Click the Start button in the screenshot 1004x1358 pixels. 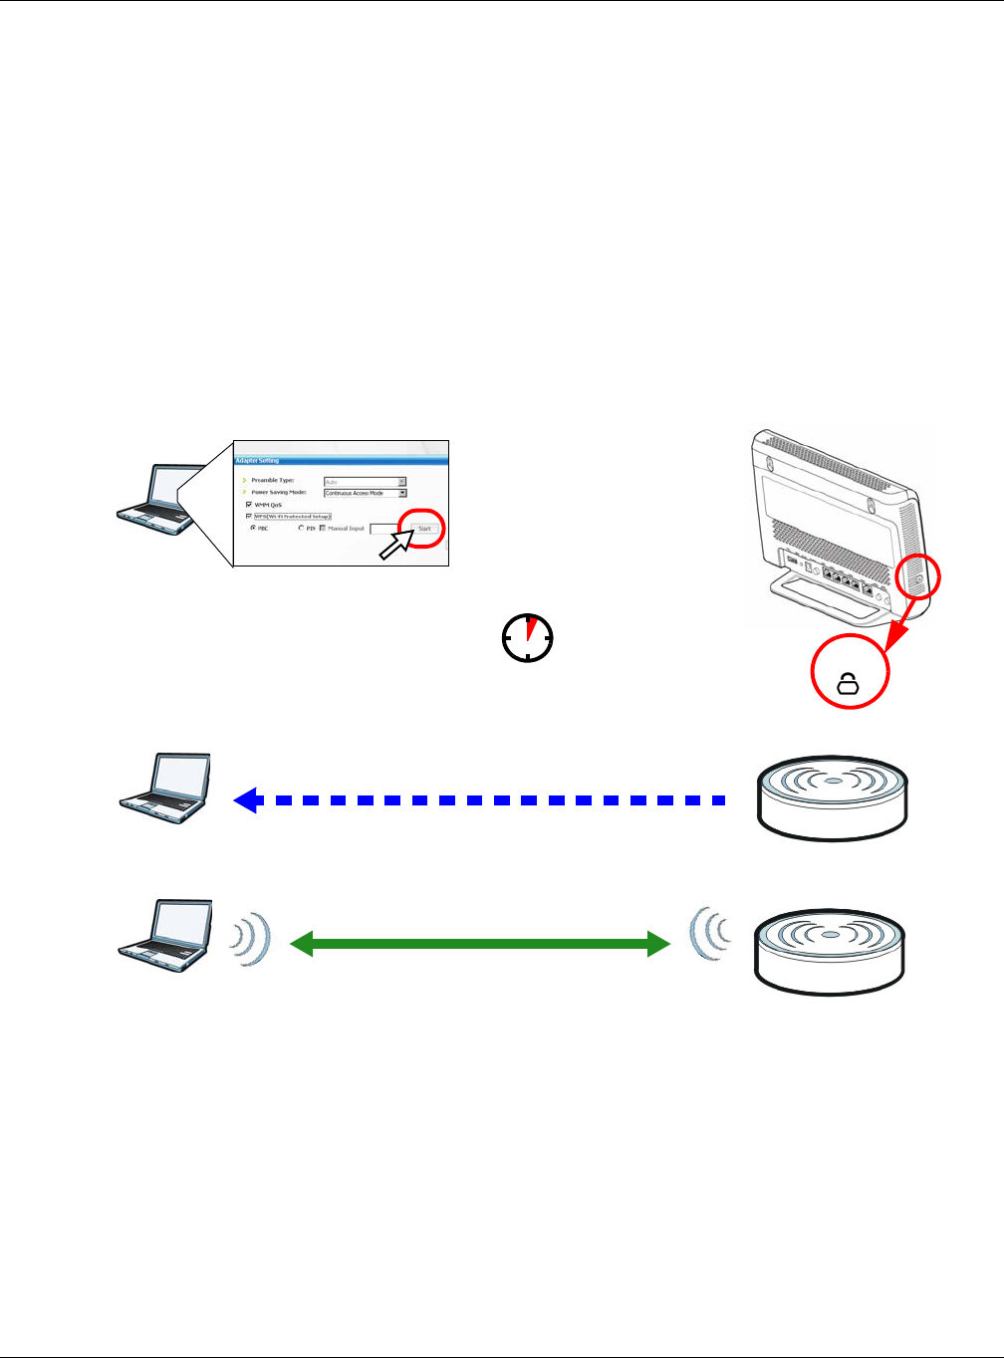(424, 529)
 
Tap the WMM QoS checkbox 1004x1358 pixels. (249, 505)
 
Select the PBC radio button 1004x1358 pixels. (252, 528)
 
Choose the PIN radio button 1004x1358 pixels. (302, 529)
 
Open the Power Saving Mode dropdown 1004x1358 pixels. (402, 493)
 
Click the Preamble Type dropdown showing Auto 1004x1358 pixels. (365, 481)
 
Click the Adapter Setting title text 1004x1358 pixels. (257, 461)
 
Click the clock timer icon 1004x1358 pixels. (528, 637)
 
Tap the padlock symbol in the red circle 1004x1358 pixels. (848, 683)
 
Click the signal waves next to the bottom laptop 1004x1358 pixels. (252, 939)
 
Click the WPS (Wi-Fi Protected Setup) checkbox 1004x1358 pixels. (249, 517)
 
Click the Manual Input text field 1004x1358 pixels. (385, 529)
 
